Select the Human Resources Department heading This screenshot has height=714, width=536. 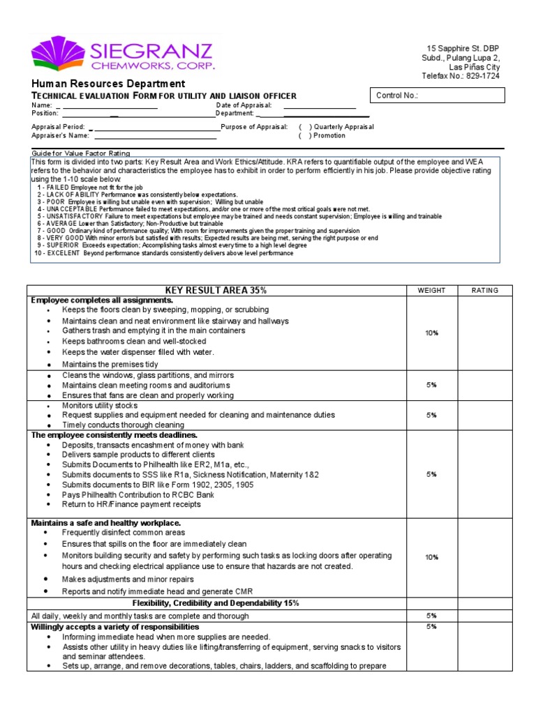pos(108,84)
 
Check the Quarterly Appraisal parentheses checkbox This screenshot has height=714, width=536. pos(306,127)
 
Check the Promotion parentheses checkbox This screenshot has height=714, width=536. pos(306,136)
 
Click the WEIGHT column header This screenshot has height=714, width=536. pos(431,290)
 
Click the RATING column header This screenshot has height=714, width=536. pos(485,290)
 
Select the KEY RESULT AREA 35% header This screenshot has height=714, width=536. pos(216,290)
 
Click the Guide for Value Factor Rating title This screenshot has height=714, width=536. pos(81,153)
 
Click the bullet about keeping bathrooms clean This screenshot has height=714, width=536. pos(134,342)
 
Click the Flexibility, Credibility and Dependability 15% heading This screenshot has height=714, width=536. pos(216,603)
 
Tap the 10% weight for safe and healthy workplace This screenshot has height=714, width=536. pos(431,557)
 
